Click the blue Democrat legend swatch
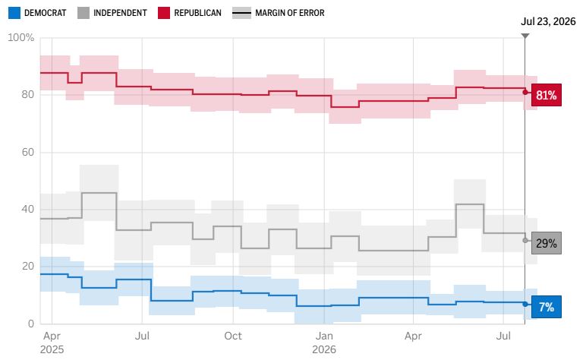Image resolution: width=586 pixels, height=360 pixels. pos(14,13)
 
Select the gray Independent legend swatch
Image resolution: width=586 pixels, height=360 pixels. pos(83,13)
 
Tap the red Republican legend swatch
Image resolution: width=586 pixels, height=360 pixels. pos(164,13)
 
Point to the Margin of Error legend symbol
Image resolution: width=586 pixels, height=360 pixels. pos(241,13)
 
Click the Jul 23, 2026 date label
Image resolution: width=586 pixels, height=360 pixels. pos(548,21)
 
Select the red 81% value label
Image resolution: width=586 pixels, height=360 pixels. pos(547,95)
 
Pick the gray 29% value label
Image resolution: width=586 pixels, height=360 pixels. pos(547,243)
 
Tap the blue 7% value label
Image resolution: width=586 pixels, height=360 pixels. pos(547,307)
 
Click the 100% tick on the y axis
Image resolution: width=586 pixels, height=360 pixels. pos(21,37)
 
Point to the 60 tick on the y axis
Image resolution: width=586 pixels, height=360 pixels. pos(27,152)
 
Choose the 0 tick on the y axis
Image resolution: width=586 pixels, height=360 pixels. pos(31,324)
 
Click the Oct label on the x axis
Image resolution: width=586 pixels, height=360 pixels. pos(233,336)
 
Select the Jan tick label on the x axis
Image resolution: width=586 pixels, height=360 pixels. pos(324,336)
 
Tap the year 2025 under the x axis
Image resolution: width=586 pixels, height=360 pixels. pos(52,349)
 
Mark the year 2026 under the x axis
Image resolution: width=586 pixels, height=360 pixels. pos(324,349)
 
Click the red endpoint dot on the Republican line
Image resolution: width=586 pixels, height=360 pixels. pos(525,92)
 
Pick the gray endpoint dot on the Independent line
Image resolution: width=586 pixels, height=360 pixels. pos(525,240)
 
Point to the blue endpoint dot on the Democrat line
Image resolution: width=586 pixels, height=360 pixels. pos(525,305)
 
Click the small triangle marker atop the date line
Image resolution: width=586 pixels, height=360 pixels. pos(525,36)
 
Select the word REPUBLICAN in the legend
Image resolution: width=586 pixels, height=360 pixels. pos(197,13)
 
